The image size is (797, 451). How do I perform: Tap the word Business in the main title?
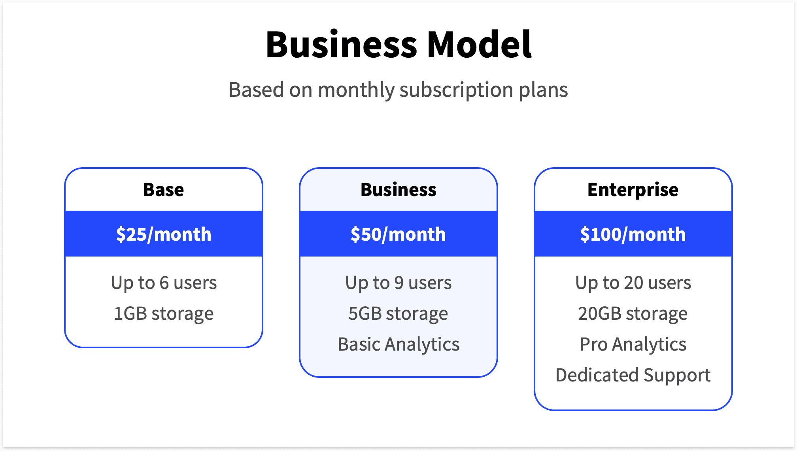coord(341,44)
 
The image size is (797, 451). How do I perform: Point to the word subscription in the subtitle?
coord(456,90)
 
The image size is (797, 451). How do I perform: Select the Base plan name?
coord(164,190)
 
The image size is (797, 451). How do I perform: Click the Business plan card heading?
coord(398,190)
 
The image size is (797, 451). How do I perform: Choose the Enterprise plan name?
coord(633,190)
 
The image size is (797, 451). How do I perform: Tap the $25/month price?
coord(164,234)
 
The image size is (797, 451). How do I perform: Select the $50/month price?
coord(398,234)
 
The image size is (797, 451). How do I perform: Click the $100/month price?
coord(633,234)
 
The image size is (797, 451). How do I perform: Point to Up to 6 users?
coord(164,283)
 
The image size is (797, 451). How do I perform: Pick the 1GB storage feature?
coord(164,313)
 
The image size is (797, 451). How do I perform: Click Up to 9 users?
coord(398,283)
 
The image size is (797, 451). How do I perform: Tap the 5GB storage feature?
coord(398,313)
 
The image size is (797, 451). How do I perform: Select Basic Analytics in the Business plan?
coord(398,344)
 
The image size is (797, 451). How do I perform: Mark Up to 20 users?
coord(633,283)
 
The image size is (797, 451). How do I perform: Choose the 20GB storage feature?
coord(633,313)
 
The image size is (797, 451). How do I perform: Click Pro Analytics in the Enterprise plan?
coord(633,344)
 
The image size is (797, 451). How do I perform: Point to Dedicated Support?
coord(633,375)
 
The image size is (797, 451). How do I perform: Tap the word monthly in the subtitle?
coord(356,90)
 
